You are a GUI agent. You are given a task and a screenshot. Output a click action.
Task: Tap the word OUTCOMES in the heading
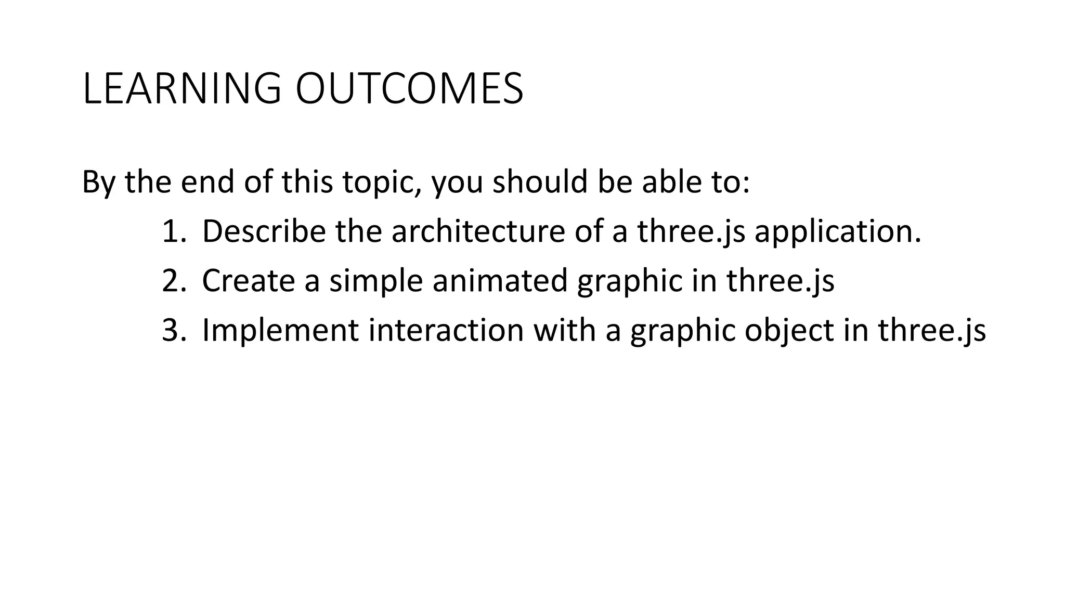[x=409, y=89]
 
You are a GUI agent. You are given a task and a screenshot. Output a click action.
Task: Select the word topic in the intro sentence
[x=381, y=183]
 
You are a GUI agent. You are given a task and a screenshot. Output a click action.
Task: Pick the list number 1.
[x=173, y=231]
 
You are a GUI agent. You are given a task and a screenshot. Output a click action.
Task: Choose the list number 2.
[x=173, y=281]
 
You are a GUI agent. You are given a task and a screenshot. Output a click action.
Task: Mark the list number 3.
[x=173, y=330]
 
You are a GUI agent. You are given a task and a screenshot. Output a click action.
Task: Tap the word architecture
[x=478, y=231]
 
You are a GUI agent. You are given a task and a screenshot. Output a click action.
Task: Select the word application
[x=837, y=231]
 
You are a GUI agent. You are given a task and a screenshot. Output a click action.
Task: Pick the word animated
[x=500, y=281]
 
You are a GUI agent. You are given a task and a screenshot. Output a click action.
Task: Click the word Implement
[x=280, y=330]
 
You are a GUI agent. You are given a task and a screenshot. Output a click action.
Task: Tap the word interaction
[x=446, y=330]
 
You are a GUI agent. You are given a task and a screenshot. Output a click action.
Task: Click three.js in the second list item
[x=780, y=281]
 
